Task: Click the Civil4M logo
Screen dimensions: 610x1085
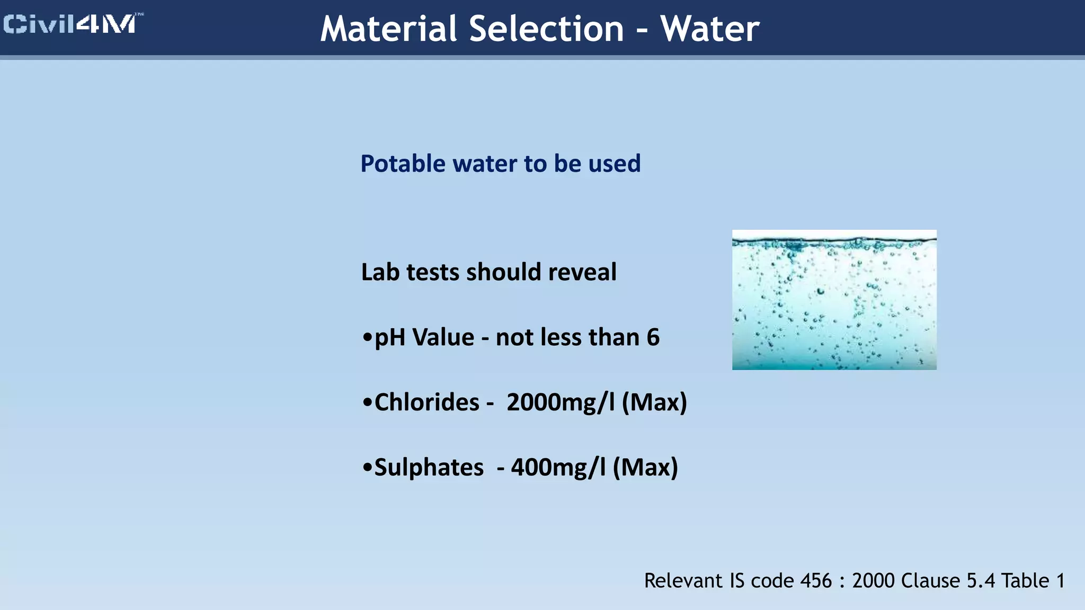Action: [72, 24]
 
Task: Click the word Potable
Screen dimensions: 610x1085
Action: [403, 164]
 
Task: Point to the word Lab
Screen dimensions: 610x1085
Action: [380, 272]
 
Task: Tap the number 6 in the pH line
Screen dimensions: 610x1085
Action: [653, 337]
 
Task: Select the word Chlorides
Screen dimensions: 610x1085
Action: [426, 402]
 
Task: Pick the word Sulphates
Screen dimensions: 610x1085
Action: [429, 468]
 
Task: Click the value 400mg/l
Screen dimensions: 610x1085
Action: [558, 468]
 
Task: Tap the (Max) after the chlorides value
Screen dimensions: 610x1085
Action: [654, 402]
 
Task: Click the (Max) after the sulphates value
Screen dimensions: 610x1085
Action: [645, 468]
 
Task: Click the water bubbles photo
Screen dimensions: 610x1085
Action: [834, 300]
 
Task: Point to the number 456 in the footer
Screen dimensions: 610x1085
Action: [816, 581]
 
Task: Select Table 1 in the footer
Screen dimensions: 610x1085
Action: [1033, 581]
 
